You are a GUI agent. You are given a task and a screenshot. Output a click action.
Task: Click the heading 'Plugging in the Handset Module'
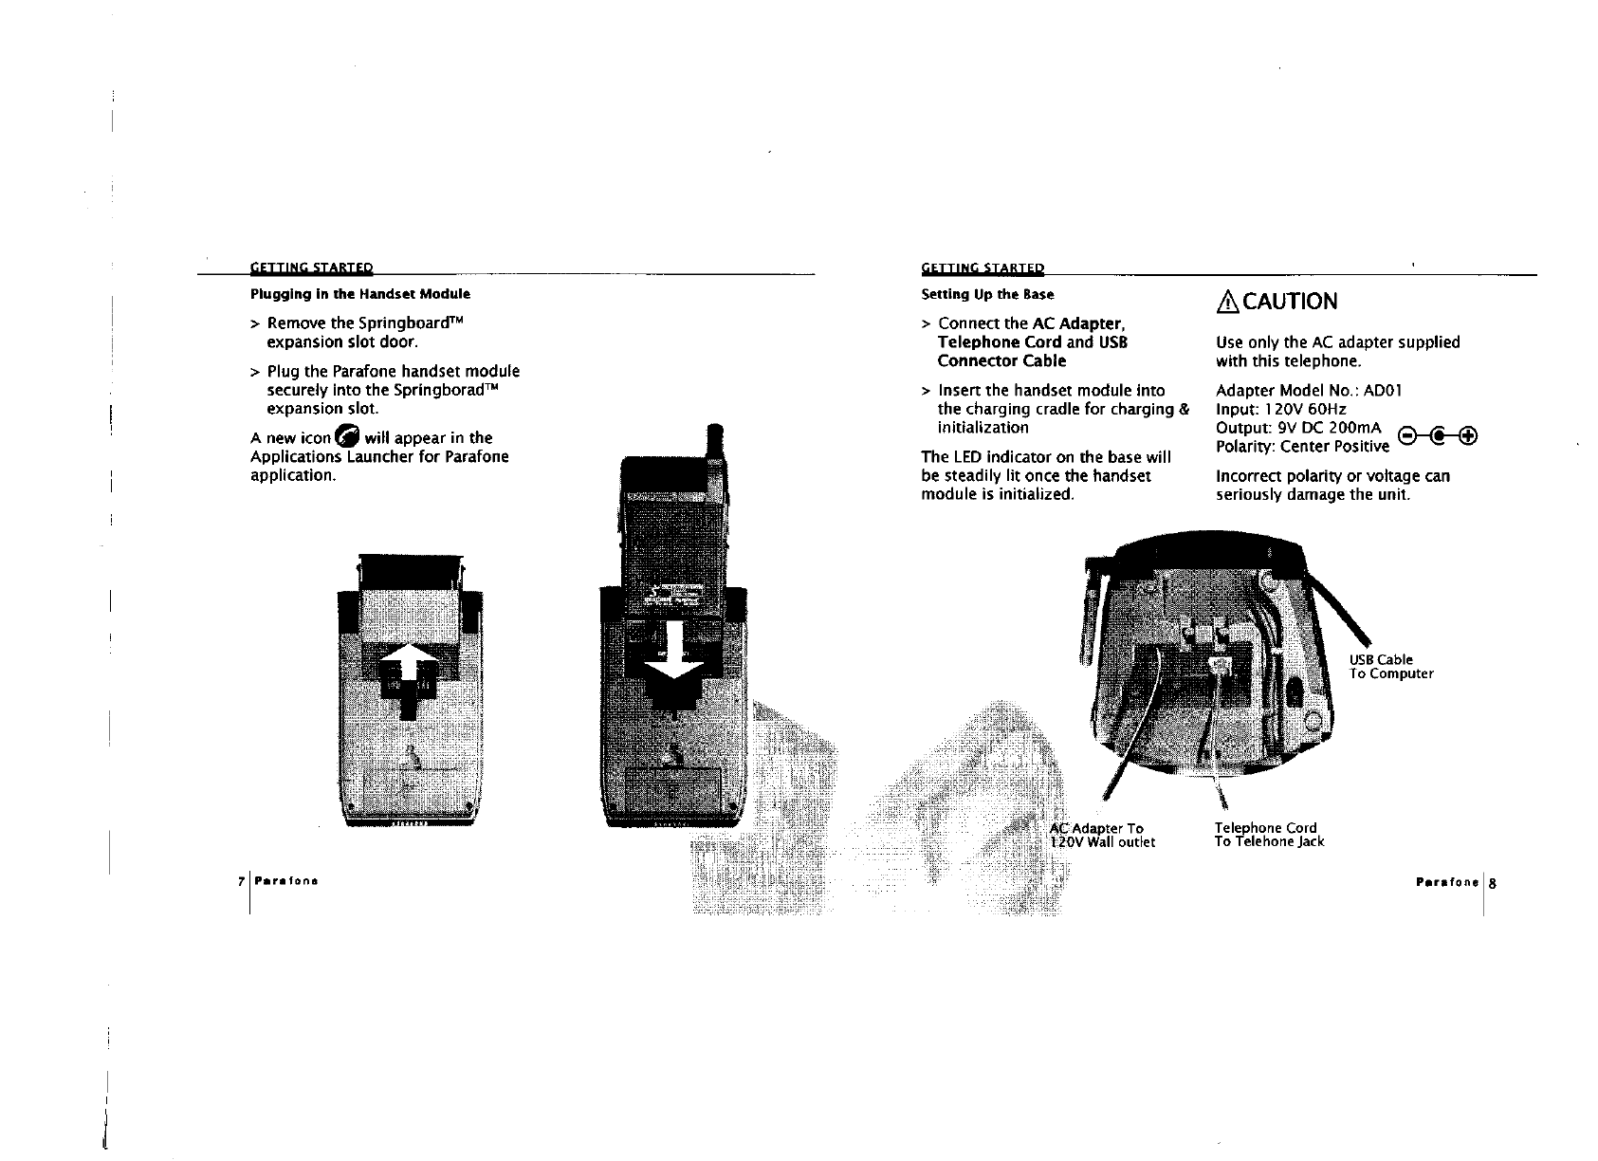(x=359, y=294)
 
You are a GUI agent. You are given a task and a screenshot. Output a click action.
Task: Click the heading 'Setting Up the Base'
(x=987, y=294)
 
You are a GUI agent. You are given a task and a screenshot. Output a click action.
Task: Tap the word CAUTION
(x=1290, y=302)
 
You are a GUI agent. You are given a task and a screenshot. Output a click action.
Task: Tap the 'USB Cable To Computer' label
(x=1390, y=667)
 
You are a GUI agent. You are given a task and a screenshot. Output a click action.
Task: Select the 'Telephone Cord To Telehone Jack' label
(x=1269, y=835)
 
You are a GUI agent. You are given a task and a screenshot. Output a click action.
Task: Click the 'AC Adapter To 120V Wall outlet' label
(x=1103, y=835)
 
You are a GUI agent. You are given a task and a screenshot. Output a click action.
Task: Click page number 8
(x=1492, y=882)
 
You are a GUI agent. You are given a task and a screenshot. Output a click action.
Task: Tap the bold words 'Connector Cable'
(x=1001, y=361)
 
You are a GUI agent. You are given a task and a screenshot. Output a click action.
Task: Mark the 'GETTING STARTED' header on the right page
(x=982, y=268)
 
